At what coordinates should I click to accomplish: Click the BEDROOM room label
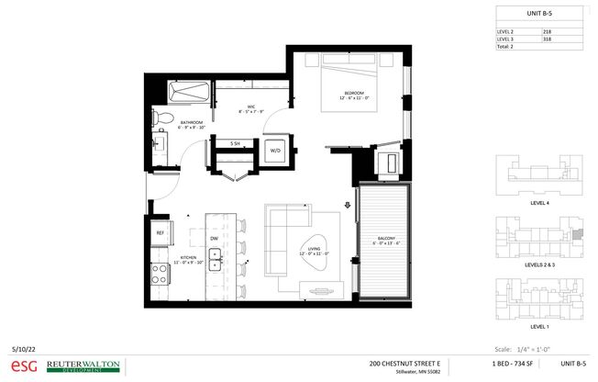click(355, 94)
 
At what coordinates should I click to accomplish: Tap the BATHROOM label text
click(191, 123)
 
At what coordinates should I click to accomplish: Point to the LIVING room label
click(313, 249)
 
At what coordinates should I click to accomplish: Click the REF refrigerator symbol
click(160, 233)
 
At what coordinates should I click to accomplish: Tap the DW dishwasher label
click(214, 239)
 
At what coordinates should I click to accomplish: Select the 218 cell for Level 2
click(548, 31)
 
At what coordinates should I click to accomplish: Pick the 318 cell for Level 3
click(548, 39)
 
